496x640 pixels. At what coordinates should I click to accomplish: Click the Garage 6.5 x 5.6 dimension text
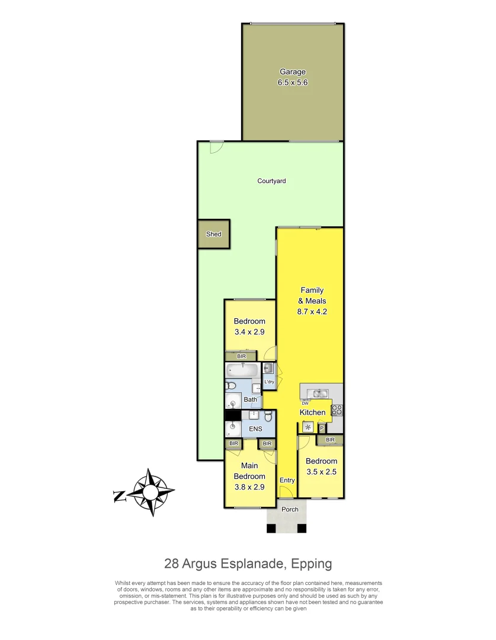[293, 83]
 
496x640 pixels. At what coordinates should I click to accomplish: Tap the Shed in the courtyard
[213, 234]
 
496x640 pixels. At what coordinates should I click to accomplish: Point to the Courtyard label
[271, 181]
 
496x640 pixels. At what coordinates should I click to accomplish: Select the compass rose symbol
[152, 492]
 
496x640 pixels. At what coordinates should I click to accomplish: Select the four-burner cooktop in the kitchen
[337, 409]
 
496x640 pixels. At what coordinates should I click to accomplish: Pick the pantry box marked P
[322, 427]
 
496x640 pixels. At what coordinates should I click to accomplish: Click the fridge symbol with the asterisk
[308, 427]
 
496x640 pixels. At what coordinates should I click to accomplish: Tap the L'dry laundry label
[269, 382]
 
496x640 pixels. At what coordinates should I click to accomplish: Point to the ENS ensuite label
[255, 428]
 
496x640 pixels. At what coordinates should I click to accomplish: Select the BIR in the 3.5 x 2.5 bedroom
[330, 440]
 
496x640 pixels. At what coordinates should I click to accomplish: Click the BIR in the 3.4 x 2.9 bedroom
[241, 356]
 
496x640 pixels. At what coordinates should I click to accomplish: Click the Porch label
[290, 510]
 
